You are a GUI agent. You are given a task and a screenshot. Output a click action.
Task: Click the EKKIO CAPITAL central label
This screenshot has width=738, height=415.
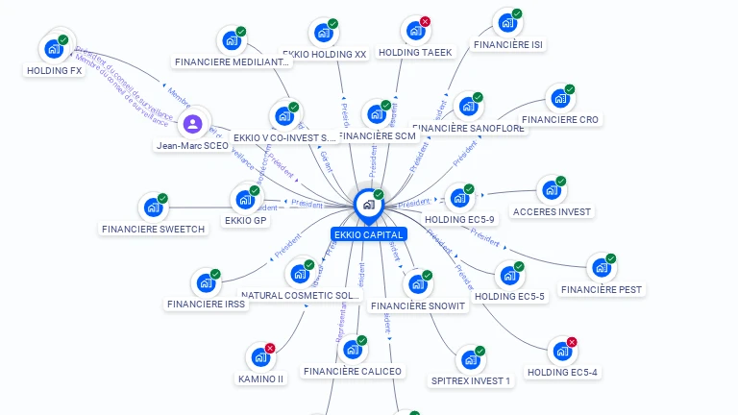(368, 234)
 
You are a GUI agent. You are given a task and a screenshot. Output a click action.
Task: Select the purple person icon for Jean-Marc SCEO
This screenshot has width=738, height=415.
(192, 124)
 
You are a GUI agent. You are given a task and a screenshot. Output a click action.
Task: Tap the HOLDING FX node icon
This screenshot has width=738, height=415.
(53, 48)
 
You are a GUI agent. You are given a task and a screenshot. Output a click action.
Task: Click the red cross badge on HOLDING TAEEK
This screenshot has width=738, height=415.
(425, 21)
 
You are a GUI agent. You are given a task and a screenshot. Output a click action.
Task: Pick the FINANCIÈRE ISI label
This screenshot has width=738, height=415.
(508, 44)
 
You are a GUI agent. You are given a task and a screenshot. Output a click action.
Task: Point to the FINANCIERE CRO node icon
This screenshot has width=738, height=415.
(558, 98)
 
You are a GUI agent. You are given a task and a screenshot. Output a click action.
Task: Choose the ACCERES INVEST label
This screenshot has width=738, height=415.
(553, 211)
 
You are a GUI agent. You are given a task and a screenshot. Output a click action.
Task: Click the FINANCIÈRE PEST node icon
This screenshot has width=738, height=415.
(601, 267)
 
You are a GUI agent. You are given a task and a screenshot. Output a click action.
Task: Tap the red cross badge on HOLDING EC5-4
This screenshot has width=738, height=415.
(572, 342)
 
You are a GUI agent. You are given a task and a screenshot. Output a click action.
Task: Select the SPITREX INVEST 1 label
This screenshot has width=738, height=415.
(471, 380)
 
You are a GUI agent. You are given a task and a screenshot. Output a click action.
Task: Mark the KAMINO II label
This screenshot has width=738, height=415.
(260, 378)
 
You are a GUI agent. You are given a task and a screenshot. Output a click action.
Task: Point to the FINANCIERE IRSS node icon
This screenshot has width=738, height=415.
(205, 282)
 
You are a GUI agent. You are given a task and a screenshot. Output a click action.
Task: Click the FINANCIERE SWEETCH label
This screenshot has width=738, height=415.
(153, 229)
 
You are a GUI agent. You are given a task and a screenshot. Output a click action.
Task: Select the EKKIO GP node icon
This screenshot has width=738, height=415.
(244, 199)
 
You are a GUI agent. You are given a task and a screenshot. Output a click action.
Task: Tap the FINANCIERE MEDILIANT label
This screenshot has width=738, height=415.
(232, 61)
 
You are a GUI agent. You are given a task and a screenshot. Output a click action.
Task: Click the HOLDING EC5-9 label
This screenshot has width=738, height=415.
(459, 219)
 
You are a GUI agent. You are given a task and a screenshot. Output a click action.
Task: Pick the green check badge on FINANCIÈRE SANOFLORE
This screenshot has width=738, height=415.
(478, 97)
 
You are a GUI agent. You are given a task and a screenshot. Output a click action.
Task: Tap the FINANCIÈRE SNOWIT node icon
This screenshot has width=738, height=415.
(417, 284)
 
